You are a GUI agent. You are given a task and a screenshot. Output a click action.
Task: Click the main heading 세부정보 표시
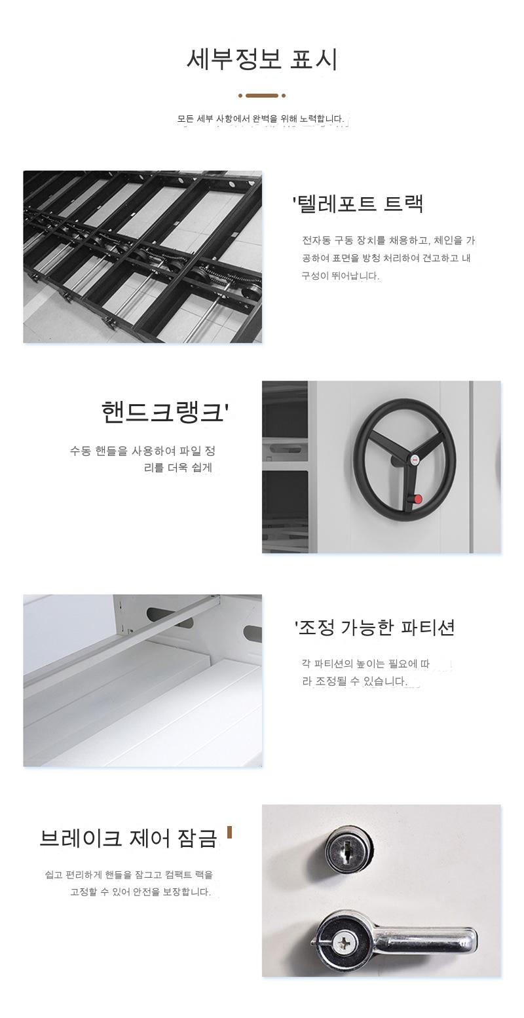coord(262,59)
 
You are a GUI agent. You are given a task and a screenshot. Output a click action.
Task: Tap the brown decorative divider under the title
coord(262,96)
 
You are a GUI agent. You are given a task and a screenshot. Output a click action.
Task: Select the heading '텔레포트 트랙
coord(358,203)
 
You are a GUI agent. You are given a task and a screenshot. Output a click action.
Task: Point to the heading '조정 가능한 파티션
coord(375,628)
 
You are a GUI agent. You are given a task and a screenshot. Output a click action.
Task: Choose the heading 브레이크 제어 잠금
coord(128,839)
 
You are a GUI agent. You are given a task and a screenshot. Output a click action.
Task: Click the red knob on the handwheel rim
coord(418,499)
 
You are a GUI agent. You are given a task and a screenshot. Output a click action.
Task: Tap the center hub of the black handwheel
coord(414,460)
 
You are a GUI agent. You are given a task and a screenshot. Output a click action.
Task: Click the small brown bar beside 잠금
coord(229,833)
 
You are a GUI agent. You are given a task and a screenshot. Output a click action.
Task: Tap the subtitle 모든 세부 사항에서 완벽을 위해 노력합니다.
coord(261,119)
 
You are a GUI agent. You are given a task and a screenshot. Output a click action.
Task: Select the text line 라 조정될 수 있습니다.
coord(354,681)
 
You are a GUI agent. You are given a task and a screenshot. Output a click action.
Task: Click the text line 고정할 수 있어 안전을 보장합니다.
coord(140,892)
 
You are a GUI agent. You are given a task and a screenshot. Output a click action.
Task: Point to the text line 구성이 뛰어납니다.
coord(341,276)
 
